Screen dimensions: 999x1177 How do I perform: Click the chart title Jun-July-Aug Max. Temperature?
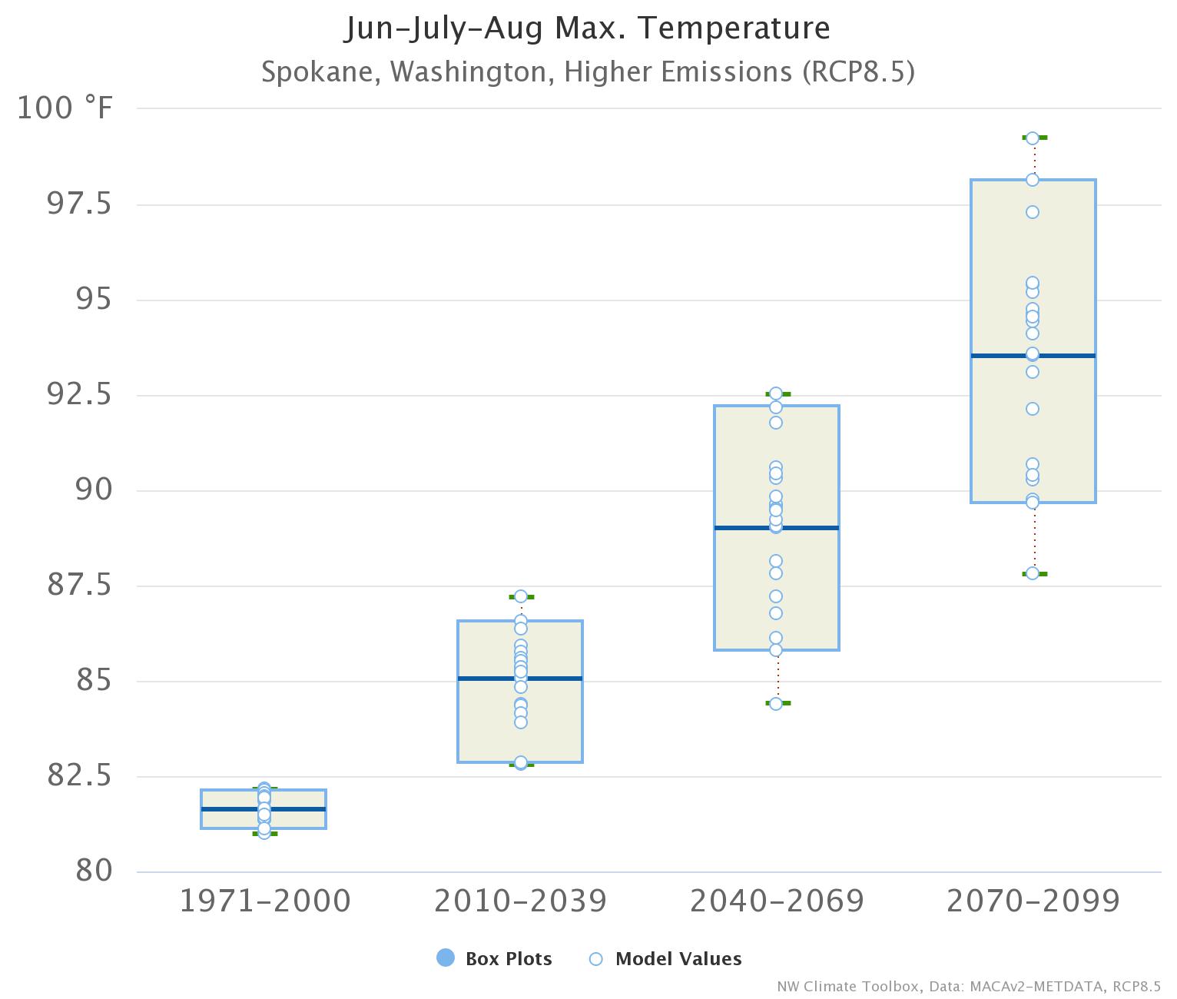[x=588, y=28]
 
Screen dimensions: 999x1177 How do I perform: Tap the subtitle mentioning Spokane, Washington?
[x=588, y=71]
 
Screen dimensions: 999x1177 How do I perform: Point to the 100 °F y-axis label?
[x=65, y=108]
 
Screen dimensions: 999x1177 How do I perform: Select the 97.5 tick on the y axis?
[x=79, y=204]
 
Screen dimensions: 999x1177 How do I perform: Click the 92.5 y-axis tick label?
[x=79, y=395]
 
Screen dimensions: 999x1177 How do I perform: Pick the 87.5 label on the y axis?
[x=79, y=586]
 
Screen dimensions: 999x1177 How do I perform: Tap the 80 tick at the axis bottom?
[x=94, y=871]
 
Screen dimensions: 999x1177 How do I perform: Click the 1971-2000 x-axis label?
[x=265, y=901]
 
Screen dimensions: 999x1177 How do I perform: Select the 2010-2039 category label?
[x=521, y=901]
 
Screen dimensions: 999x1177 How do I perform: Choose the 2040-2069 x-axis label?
[x=777, y=901]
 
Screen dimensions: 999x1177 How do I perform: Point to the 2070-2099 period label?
[x=1033, y=901]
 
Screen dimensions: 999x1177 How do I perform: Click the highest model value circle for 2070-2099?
[x=1033, y=138]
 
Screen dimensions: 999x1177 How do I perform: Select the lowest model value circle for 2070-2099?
[x=1033, y=573]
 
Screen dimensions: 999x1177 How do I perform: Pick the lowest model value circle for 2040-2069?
[x=776, y=703]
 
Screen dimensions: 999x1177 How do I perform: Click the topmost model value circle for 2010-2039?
[x=520, y=596]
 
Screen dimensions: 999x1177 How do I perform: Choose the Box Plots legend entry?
[x=494, y=958]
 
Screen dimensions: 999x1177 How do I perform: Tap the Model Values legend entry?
[x=665, y=958]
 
